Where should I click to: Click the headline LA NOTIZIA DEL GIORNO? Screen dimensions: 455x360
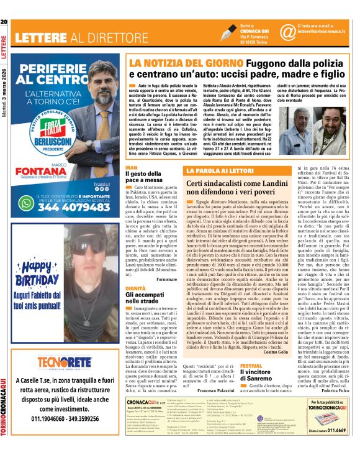pos(171,63)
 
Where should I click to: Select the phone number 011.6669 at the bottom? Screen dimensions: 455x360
pos(336,448)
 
